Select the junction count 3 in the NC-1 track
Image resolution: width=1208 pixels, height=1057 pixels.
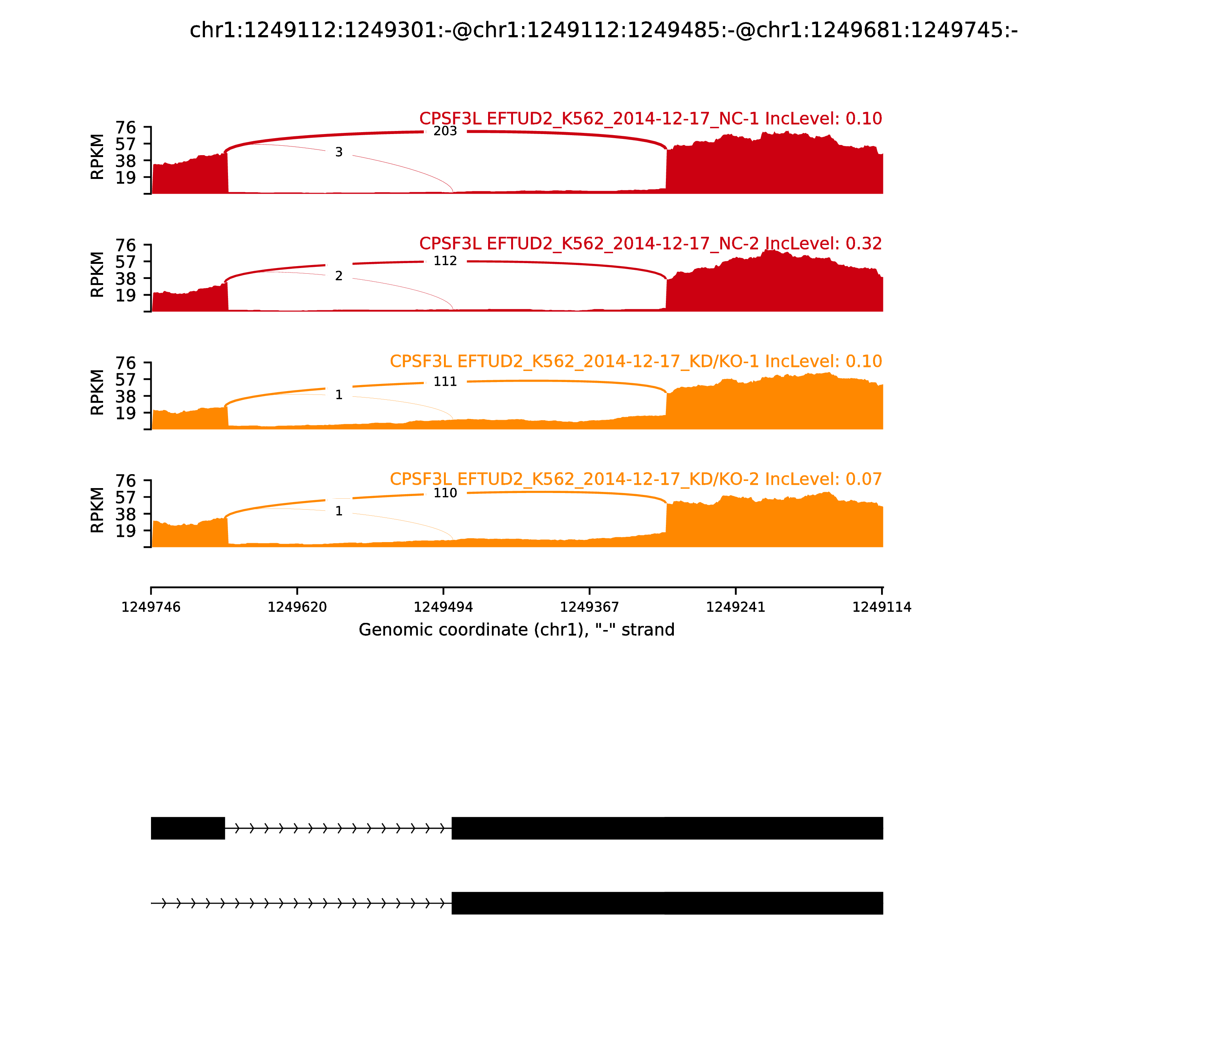click(339, 152)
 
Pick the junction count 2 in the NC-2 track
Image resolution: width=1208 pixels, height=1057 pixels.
click(339, 276)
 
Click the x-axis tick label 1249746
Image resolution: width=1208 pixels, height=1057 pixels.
click(151, 607)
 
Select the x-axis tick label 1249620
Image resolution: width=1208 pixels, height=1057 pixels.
click(297, 607)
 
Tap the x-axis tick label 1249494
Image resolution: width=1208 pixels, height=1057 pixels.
click(444, 607)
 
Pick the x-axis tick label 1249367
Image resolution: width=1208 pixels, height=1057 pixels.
click(589, 607)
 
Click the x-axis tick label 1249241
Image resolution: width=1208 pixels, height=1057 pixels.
click(735, 607)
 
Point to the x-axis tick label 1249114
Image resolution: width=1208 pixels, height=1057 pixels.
click(882, 607)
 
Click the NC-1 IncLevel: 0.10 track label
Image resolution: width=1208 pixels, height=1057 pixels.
click(650, 119)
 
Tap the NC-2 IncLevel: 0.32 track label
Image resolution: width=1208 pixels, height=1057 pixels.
click(650, 243)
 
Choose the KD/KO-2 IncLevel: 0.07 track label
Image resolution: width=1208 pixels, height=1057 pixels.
click(636, 479)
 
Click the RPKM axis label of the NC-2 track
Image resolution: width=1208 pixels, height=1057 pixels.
click(97, 274)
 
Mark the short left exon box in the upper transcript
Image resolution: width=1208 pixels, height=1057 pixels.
click(188, 828)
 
